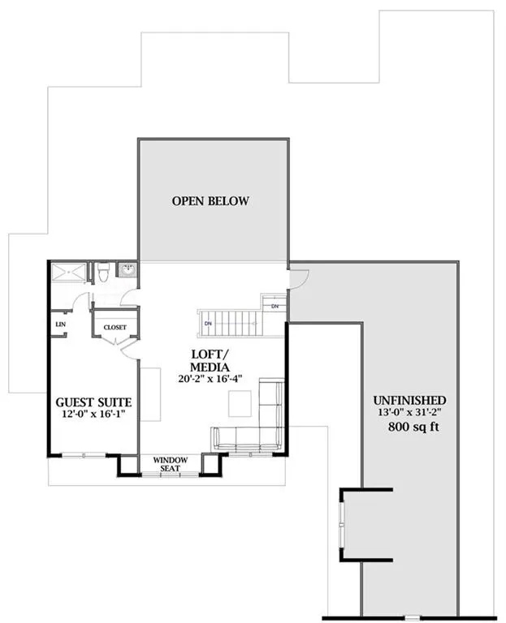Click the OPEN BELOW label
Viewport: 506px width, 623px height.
210,201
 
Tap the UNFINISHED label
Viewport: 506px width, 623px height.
408,401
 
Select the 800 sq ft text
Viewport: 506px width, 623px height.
408,428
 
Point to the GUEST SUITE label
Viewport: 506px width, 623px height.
93,402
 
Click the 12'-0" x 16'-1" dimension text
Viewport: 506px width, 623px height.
93,415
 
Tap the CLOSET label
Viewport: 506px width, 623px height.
115,328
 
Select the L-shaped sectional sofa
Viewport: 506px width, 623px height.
252,426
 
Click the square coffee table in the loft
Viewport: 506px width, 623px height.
240,402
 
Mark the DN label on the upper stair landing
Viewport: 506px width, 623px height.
275,306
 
